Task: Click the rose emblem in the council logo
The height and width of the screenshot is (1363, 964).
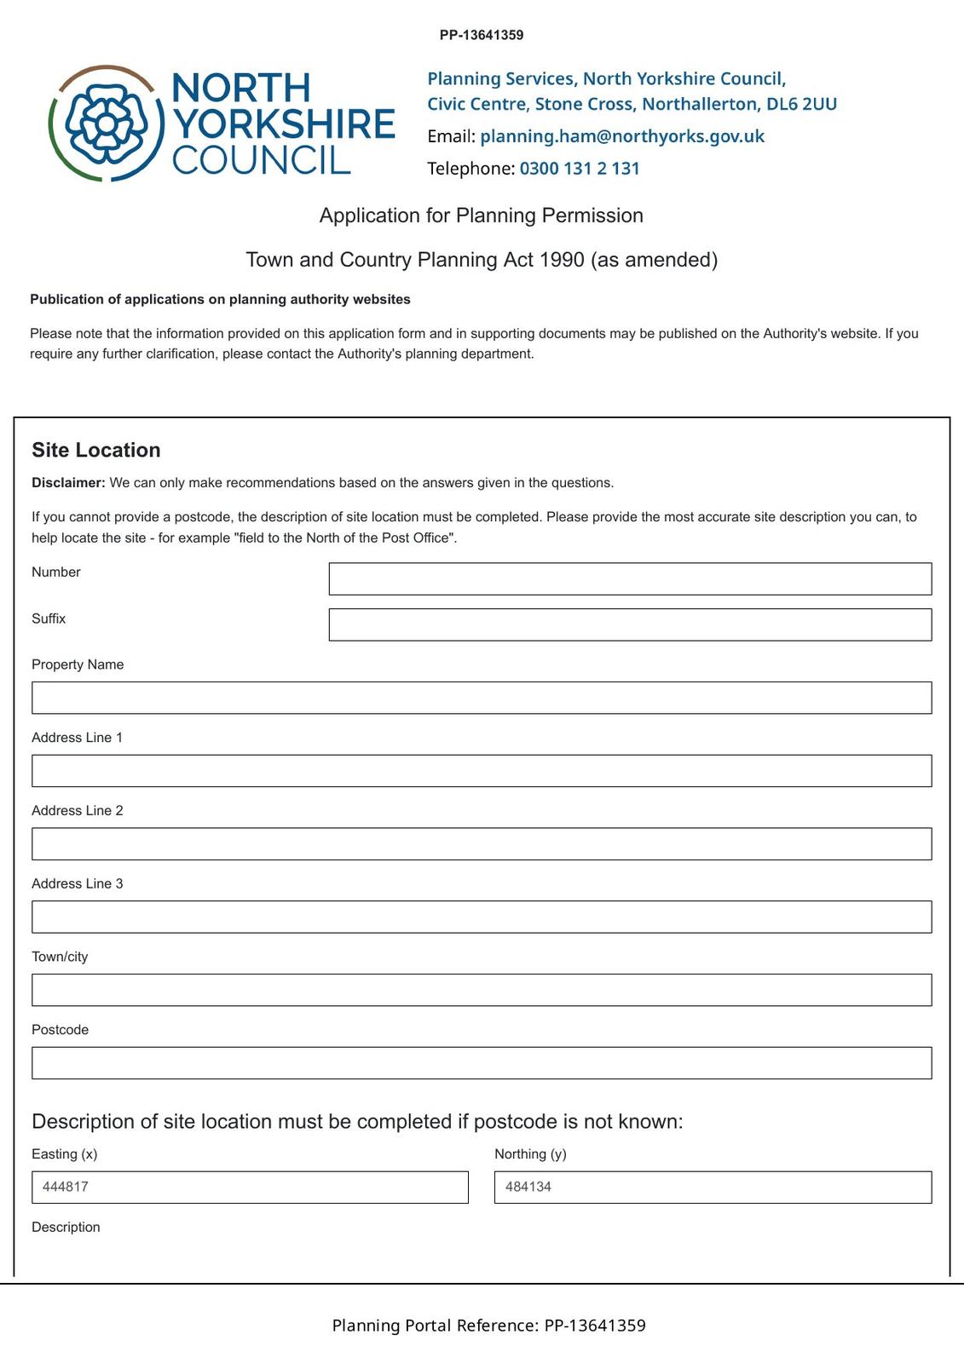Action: tap(106, 124)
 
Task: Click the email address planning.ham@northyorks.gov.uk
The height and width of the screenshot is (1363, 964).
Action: tap(622, 136)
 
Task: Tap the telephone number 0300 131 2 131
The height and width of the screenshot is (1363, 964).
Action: tap(580, 169)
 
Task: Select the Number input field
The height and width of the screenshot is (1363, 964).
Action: tap(630, 578)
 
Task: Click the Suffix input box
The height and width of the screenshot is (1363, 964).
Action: tap(630, 624)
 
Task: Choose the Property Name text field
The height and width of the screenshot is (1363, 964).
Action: tap(482, 698)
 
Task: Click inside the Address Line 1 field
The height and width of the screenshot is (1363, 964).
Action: tap(482, 771)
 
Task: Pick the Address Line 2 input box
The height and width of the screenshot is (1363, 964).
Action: tap(482, 843)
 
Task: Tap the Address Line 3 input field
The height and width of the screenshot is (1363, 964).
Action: tap(482, 917)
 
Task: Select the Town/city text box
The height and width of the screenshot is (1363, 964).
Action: tap(482, 990)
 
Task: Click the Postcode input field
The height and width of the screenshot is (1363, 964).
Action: tap(482, 1063)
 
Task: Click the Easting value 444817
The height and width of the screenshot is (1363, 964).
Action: tap(66, 1187)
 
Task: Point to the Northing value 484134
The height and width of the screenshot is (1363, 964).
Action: tap(528, 1187)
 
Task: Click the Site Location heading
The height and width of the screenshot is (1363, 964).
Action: tap(96, 450)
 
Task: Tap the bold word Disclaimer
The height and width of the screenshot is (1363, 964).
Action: tap(68, 483)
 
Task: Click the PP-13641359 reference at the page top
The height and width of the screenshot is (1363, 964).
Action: tap(482, 35)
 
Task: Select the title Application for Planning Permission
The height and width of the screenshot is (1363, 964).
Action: tap(482, 216)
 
